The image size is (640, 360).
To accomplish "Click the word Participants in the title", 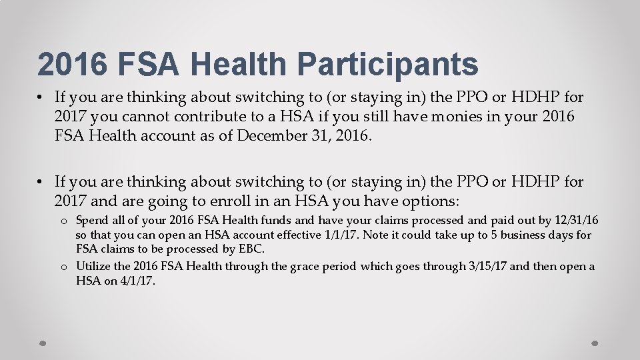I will pos(387,65).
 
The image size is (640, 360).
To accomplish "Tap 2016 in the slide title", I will pos(73,65).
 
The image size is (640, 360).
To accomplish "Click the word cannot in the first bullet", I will pos(153,117).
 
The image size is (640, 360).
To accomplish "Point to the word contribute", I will pos(217,117).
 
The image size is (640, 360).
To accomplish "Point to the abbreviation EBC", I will pos(251,249).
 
